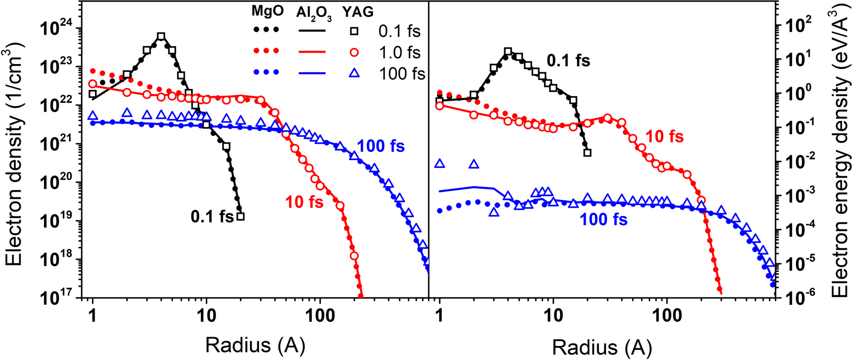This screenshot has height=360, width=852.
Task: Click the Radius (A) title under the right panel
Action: [602, 347]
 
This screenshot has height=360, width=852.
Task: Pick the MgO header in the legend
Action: [268, 11]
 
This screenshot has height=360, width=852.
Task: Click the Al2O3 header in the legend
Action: [314, 13]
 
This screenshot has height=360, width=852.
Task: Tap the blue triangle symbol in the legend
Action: [354, 73]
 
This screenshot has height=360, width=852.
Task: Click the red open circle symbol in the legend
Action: [354, 52]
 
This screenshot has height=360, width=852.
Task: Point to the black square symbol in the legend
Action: [354, 31]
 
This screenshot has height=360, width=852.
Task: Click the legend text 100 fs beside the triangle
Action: [402, 73]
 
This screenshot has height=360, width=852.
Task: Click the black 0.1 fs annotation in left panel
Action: [212, 216]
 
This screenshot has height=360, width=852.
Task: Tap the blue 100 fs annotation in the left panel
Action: [381, 146]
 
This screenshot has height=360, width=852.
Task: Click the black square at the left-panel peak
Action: [161, 37]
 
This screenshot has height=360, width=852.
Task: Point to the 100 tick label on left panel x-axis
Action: [320, 315]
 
